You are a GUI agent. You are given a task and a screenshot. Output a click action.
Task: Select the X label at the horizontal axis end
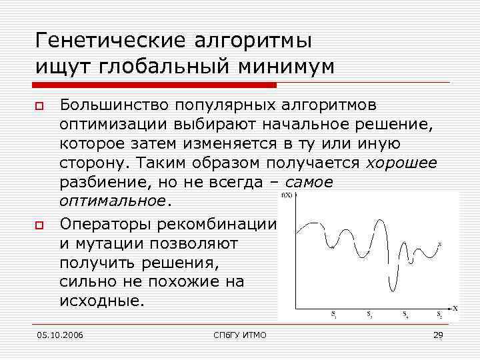[455, 308]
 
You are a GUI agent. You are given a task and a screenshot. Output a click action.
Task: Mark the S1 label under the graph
[333, 314]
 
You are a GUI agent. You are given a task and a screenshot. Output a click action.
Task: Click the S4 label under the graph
[406, 314]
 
